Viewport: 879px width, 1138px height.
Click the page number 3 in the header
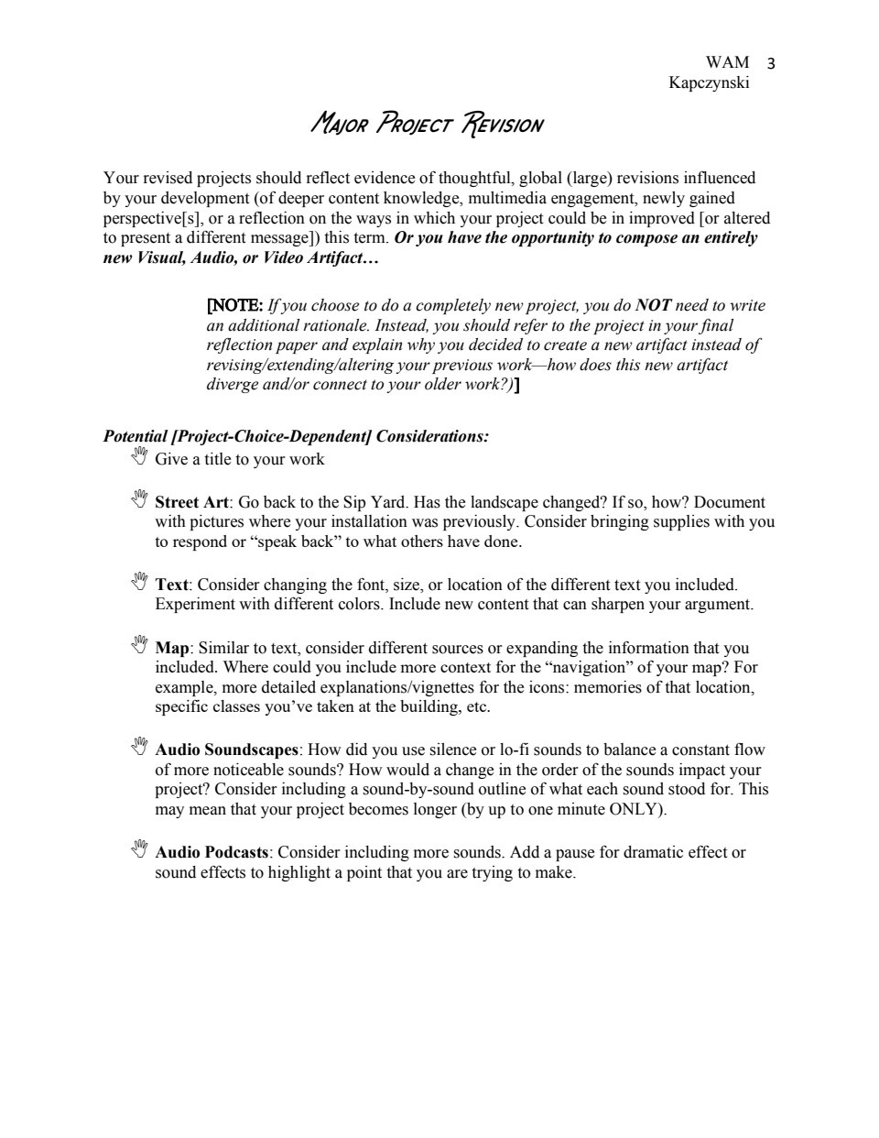pos(770,63)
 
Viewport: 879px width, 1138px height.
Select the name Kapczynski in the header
pos(710,83)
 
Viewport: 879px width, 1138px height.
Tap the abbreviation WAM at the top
pos(727,62)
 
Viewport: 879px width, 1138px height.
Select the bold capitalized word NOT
pos(653,305)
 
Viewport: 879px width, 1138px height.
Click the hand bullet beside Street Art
pos(139,499)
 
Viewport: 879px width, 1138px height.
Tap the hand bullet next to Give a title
pos(139,456)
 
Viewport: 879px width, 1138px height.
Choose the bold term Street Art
pos(191,502)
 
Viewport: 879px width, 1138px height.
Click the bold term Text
pos(171,585)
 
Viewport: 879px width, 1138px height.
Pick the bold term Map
pos(171,648)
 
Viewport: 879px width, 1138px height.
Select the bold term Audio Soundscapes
pos(226,750)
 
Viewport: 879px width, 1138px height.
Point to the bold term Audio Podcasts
pos(212,852)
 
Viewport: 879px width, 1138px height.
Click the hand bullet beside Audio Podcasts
pos(139,849)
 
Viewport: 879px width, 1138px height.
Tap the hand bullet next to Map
pos(139,645)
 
